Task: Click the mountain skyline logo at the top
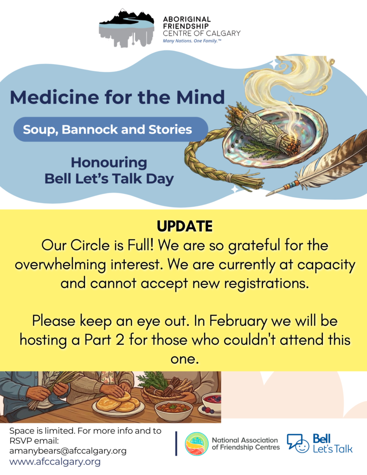click(x=127, y=28)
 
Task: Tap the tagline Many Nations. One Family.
click(x=192, y=41)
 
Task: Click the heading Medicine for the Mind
click(x=117, y=97)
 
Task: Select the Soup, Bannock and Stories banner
click(x=110, y=129)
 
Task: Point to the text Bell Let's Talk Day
click(x=109, y=179)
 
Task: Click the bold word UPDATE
click(x=185, y=226)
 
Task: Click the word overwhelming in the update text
click(x=60, y=264)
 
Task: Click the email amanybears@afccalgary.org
click(x=68, y=451)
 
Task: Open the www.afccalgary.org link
click(x=55, y=462)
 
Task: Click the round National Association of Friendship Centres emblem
click(x=197, y=444)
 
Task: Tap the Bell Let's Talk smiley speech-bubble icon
click(x=298, y=443)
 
